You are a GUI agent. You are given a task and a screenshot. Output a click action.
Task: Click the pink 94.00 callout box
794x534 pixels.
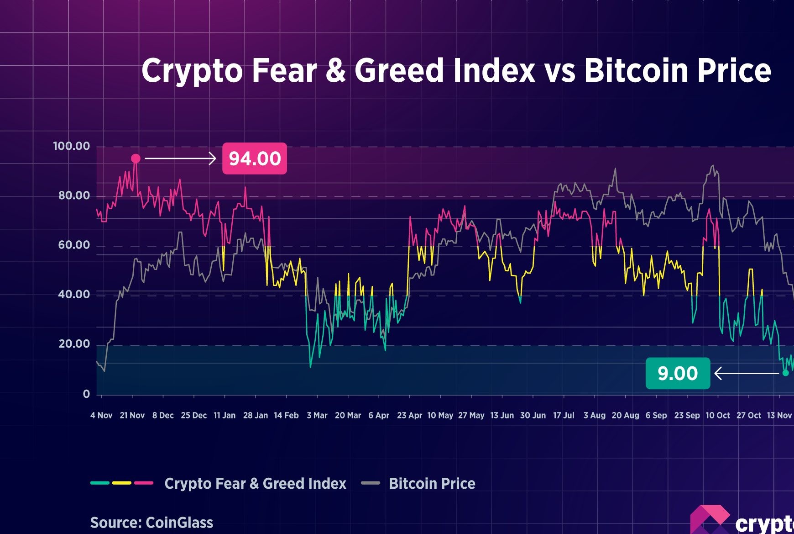point(254,159)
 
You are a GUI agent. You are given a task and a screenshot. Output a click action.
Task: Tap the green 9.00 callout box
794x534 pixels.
point(678,373)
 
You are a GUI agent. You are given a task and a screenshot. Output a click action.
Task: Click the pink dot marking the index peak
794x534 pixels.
point(136,159)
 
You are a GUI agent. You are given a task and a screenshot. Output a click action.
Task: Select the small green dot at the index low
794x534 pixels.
point(785,373)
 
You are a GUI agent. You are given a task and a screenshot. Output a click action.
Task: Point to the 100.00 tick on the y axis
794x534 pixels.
point(72,146)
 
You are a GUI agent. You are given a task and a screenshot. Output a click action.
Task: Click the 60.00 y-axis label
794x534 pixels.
point(74,245)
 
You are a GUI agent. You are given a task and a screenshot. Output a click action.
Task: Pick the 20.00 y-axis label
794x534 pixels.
point(74,344)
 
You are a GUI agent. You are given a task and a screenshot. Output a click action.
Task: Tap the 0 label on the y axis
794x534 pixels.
point(86,394)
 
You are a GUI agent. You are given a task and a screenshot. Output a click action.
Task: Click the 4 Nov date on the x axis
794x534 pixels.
point(101,415)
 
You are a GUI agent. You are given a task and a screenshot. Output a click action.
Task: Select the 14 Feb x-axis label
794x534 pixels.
point(286,415)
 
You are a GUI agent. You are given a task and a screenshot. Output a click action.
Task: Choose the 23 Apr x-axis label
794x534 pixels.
point(409,415)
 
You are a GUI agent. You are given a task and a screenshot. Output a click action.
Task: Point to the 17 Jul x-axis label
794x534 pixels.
point(564,415)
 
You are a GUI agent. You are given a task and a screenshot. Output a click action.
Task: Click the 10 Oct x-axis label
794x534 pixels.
point(718,415)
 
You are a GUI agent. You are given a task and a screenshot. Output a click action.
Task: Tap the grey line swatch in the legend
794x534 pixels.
point(371,483)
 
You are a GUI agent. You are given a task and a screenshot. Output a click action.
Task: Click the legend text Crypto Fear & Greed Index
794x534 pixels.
point(255,483)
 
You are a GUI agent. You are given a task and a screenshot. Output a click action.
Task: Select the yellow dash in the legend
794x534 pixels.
point(122,483)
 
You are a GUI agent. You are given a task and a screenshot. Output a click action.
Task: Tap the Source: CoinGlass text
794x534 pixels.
point(151,522)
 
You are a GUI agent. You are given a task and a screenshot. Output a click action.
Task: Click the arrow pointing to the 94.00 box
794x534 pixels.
point(180,159)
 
